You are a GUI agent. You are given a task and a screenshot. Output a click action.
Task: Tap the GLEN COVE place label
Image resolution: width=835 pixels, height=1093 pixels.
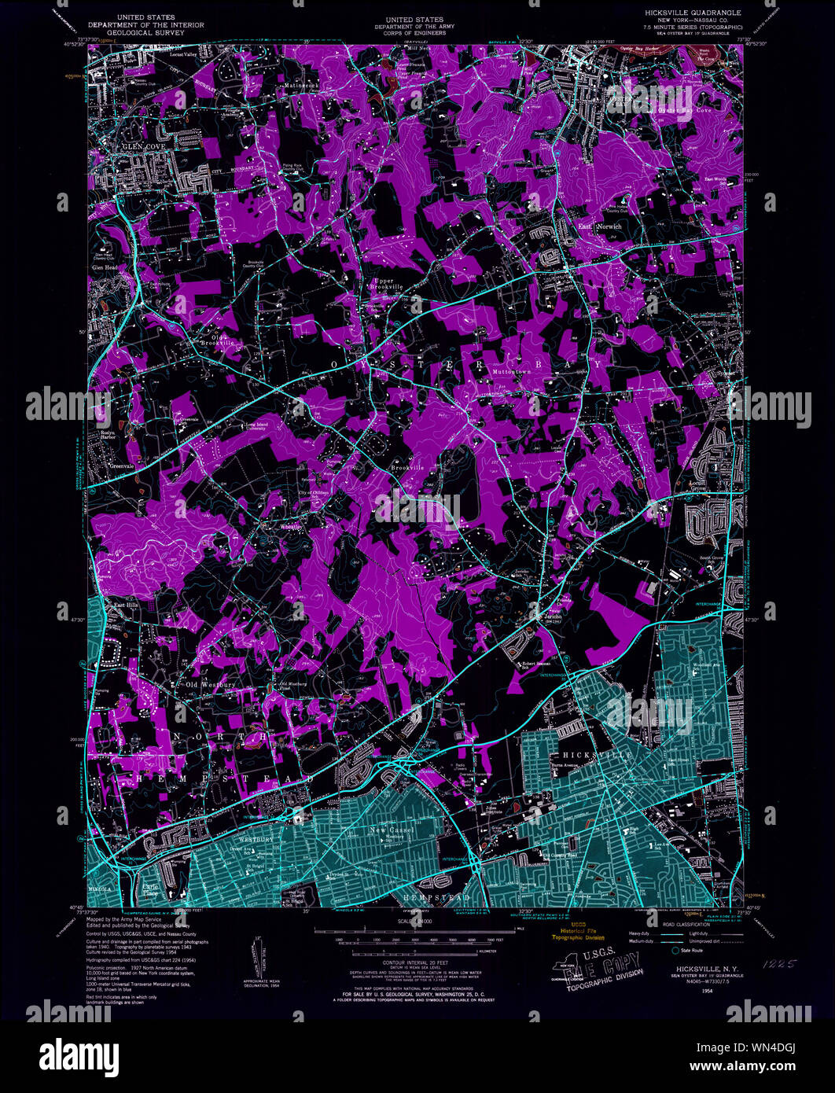pyautogui.click(x=138, y=147)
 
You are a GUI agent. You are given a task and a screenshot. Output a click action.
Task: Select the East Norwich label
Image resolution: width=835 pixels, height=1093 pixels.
pyautogui.click(x=600, y=226)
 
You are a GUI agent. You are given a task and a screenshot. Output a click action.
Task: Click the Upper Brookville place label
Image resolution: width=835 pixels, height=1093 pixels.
pyautogui.click(x=384, y=284)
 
